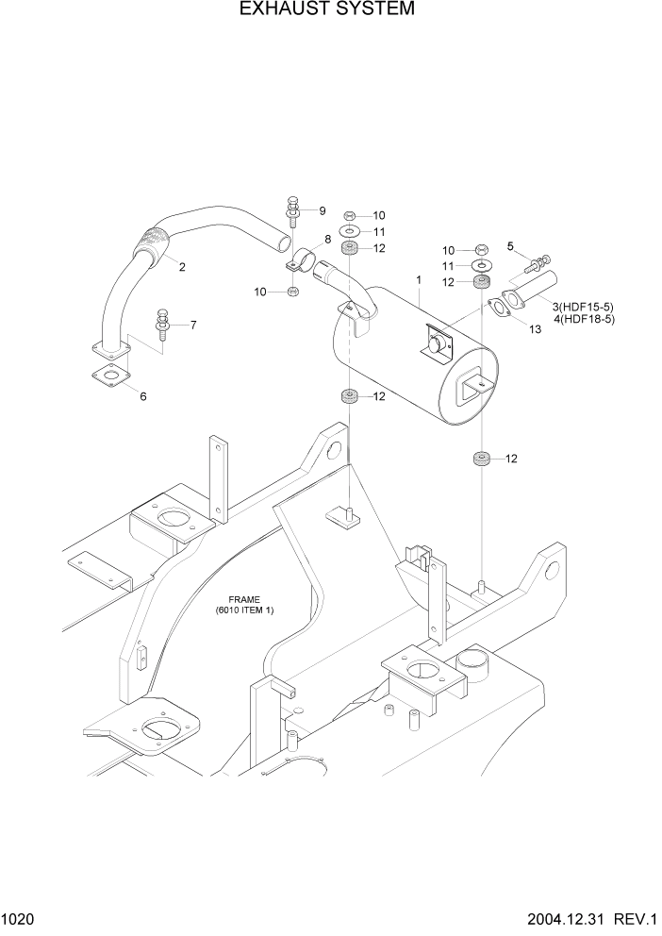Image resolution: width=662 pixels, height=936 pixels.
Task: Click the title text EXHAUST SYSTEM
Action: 328,10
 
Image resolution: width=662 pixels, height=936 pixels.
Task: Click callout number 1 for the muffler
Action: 417,279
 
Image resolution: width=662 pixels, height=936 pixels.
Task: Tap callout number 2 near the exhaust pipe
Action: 182,267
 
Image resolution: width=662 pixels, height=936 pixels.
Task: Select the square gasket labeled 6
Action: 109,379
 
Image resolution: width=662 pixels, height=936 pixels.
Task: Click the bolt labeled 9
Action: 293,211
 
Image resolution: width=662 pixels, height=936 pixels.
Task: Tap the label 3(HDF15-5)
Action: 584,307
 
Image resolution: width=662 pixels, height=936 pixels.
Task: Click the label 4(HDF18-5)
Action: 584,319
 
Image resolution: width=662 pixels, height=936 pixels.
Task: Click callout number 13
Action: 535,329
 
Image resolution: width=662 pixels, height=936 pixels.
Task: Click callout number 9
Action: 322,210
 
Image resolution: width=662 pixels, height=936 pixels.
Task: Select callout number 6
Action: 143,396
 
